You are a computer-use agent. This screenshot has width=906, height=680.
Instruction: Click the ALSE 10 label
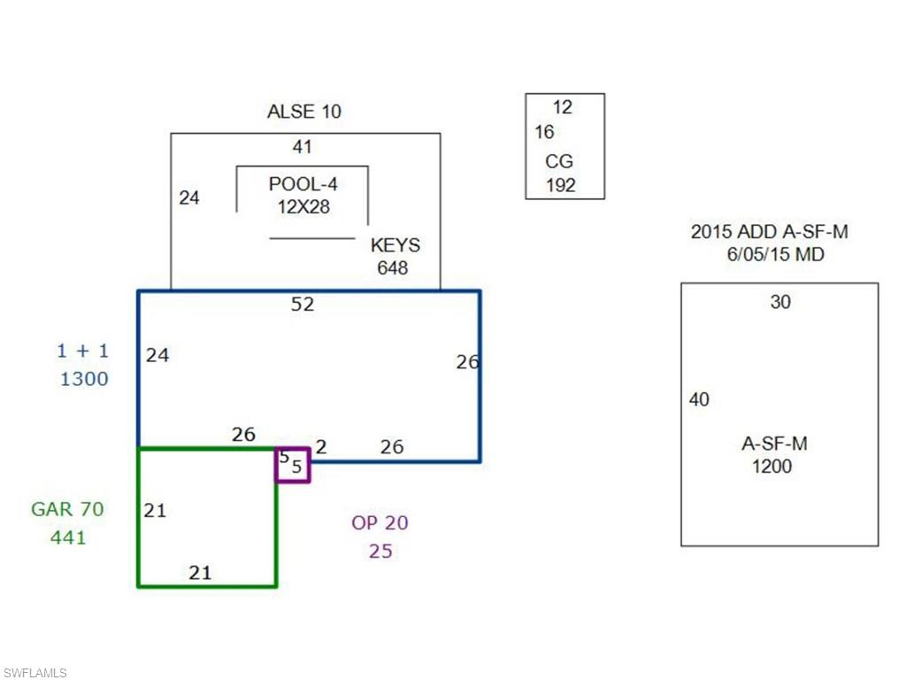pyautogui.click(x=303, y=112)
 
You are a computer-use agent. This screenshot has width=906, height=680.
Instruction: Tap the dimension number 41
pyautogui.click(x=303, y=147)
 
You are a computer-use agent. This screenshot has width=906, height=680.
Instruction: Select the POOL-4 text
pyautogui.click(x=303, y=184)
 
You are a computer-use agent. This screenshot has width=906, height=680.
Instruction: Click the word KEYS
pyautogui.click(x=395, y=245)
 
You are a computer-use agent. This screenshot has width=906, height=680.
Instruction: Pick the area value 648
pyautogui.click(x=393, y=267)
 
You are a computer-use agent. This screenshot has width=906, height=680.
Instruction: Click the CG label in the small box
pyautogui.click(x=559, y=162)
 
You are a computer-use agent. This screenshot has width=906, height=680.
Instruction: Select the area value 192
pyautogui.click(x=560, y=185)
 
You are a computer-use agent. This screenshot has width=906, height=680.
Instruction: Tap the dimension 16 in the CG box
pyautogui.click(x=544, y=132)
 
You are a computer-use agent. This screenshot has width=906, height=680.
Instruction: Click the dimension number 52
pyautogui.click(x=303, y=304)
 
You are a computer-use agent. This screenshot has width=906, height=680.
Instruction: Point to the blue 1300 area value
pyautogui.click(x=84, y=379)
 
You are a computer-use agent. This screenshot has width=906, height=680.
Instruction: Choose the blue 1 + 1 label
pyautogui.click(x=82, y=351)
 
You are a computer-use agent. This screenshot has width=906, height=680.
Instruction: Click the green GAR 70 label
pyautogui.click(x=67, y=509)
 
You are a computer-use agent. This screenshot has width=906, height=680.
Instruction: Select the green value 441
pyautogui.click(x=68, y=537)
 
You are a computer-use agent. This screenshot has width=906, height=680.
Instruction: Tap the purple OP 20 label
pyautogui.click(x=380, y=522)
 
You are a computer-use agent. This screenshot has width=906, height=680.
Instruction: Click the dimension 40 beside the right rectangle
pyautogui.click(x=699, y=399)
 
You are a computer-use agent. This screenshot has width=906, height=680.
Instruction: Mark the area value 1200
pyautogui.click(x=772, y=466)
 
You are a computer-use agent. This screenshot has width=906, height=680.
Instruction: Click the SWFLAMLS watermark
pyautogui.click(x=35, y=673)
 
